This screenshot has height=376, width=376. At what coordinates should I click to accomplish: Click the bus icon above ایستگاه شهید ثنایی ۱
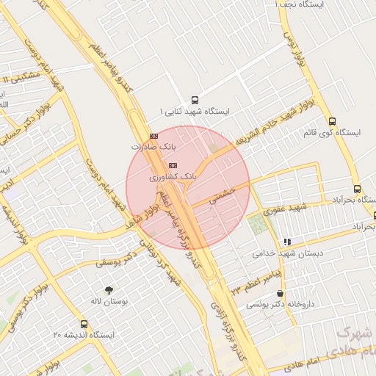(194, 99)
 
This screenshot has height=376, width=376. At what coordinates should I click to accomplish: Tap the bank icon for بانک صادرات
(153, 136)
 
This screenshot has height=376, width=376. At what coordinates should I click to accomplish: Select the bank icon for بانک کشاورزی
(173, 164)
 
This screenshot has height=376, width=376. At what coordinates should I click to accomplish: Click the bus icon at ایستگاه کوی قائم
(332, 122)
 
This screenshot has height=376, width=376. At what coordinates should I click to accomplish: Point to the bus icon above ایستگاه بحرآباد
(357, 189)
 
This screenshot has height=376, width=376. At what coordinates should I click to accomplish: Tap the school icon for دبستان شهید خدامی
(287, 241)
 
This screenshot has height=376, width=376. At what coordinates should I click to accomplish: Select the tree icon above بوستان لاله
(109, 289)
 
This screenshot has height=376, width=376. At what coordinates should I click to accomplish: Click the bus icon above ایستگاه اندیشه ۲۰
(83, 323)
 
